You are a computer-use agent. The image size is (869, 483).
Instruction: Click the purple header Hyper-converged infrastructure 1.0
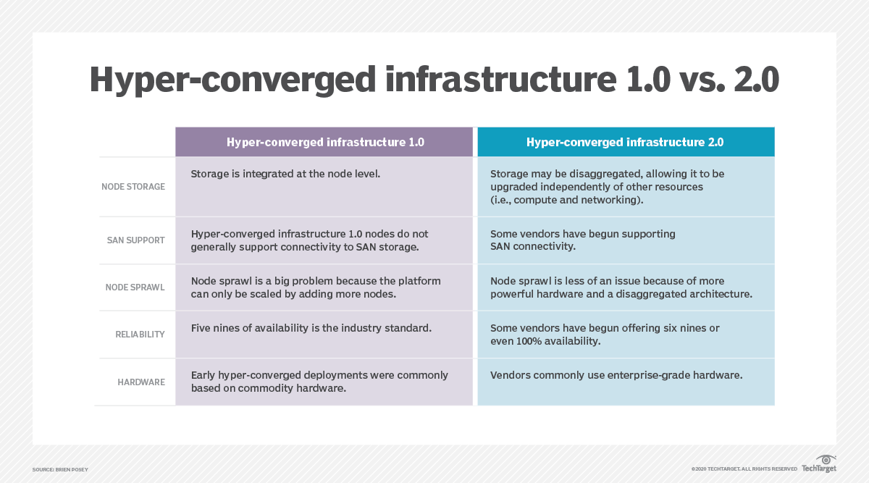[325, 142]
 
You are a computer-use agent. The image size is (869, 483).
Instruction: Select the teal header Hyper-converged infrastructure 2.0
[625, 142]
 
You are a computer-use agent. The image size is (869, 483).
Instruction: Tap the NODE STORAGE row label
[133, 187]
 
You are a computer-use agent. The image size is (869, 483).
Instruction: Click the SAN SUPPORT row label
[135, 240]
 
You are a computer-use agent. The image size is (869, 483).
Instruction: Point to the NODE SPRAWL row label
[135, 287]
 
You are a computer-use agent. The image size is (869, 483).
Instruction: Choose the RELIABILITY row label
[140, 335]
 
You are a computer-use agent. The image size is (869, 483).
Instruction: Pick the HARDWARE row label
[141, 382]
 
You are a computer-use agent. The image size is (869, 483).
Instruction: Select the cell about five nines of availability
[311, 328]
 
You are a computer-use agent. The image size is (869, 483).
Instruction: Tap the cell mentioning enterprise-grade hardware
[616, 375]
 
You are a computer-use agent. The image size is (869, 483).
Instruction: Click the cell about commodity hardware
[319, 382]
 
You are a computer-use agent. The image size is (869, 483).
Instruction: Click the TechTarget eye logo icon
[826, 459]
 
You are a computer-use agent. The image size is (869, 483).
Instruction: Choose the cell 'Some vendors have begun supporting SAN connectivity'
[582, 240]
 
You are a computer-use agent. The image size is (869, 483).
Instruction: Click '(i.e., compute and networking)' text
[566, 199]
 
